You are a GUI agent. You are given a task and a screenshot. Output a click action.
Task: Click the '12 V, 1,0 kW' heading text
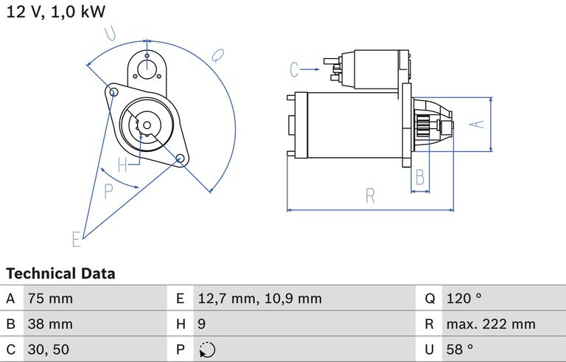56,12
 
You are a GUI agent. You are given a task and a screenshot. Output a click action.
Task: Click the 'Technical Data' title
60,274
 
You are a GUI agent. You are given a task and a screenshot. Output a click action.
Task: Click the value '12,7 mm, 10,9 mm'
259,299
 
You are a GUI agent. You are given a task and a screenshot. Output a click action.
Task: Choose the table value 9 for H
202,324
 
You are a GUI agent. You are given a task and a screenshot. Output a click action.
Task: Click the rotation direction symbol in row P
207,349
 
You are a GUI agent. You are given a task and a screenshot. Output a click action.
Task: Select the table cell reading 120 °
464,299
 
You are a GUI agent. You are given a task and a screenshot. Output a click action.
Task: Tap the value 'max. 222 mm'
491,324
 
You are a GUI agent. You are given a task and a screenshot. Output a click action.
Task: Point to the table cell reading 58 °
460,349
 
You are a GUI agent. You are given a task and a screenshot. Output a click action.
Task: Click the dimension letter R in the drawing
370,196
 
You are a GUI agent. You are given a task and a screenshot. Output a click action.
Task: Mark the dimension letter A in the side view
478,125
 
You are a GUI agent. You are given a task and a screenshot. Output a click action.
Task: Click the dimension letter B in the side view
420,177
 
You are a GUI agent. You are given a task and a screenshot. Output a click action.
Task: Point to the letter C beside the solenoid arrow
295,69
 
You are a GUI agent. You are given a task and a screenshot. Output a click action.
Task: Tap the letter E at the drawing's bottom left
76,239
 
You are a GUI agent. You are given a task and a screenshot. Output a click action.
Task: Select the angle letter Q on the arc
218,55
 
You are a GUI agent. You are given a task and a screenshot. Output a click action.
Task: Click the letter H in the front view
123,165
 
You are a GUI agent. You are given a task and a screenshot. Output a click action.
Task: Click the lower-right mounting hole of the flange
180,159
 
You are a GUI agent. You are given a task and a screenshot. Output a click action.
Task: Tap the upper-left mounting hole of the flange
113,91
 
